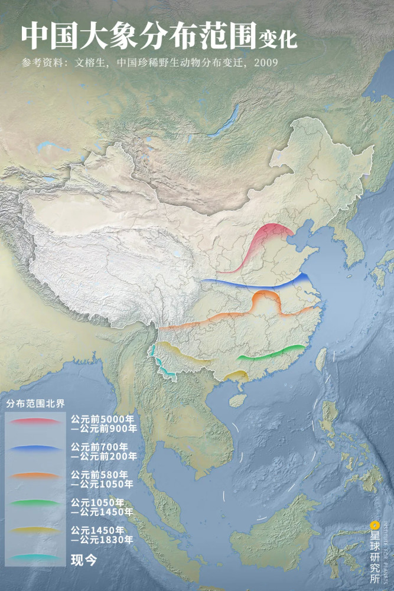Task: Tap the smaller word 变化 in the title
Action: coord(278,40)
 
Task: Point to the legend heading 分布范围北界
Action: coord(35,404)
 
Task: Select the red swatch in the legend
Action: coord(35,421)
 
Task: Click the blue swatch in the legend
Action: coord(35,449)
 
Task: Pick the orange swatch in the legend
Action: coord(35,476)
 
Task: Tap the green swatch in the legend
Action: coord(35,504)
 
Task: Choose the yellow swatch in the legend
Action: coord(35,531)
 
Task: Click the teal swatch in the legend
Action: coord(35,557)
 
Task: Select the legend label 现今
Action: coord(83,559)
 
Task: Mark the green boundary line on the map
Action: coord(272,353)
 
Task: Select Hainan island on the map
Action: coord(236,400)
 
